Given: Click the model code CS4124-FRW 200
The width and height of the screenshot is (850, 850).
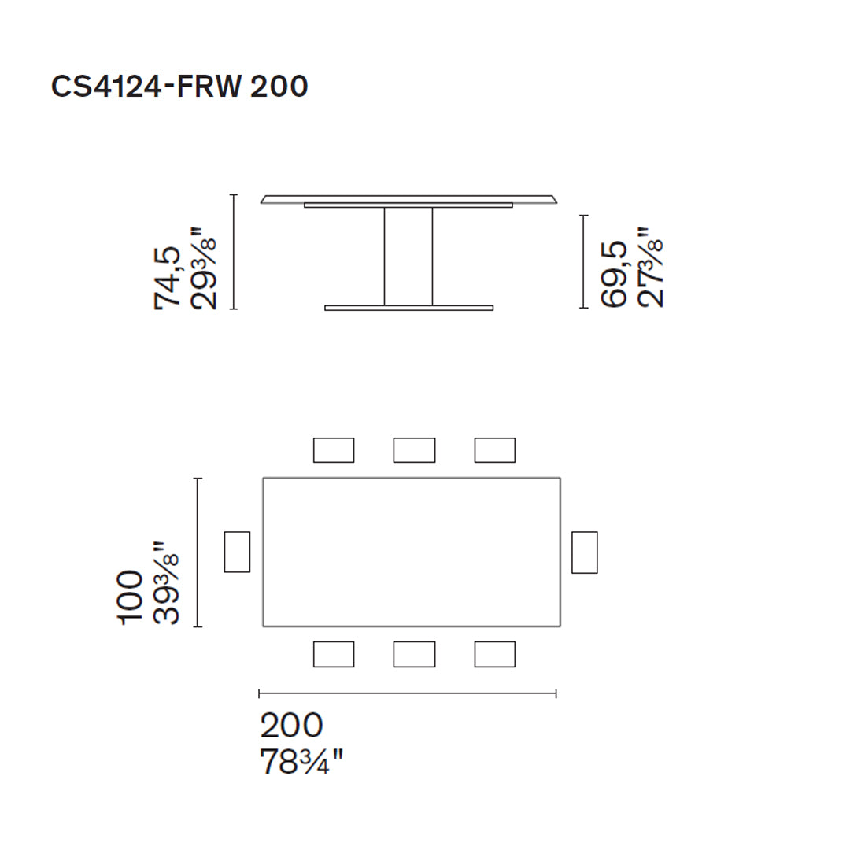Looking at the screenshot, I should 179,87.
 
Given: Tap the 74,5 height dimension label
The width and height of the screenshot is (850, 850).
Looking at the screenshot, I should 168,277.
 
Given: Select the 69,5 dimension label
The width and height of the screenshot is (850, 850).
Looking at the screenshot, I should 613,274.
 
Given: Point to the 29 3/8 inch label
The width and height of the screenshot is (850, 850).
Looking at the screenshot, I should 203,269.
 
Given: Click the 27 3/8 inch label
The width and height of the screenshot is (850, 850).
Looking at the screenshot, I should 650,268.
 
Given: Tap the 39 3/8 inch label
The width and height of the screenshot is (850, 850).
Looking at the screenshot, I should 166,583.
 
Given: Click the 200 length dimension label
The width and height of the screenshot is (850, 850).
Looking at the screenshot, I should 291,725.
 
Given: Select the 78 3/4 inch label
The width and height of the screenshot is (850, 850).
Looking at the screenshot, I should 301,762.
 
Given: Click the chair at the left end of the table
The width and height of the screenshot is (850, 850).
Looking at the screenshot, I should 237,552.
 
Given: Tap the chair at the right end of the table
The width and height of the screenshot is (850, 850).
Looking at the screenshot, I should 584,552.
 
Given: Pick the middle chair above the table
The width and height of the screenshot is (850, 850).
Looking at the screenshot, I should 414,450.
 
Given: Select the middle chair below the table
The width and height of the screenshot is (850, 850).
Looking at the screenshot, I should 414,654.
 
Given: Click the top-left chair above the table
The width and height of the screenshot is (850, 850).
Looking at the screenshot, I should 334,450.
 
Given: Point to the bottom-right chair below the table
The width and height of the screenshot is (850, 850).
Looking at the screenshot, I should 494,654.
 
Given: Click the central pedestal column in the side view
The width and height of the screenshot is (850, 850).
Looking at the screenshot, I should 408,257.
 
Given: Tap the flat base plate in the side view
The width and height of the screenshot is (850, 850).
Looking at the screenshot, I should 408,308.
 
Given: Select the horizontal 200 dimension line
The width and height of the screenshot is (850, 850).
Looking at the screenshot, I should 408,693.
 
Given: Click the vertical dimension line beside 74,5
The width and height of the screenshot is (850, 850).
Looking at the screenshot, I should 234,252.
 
